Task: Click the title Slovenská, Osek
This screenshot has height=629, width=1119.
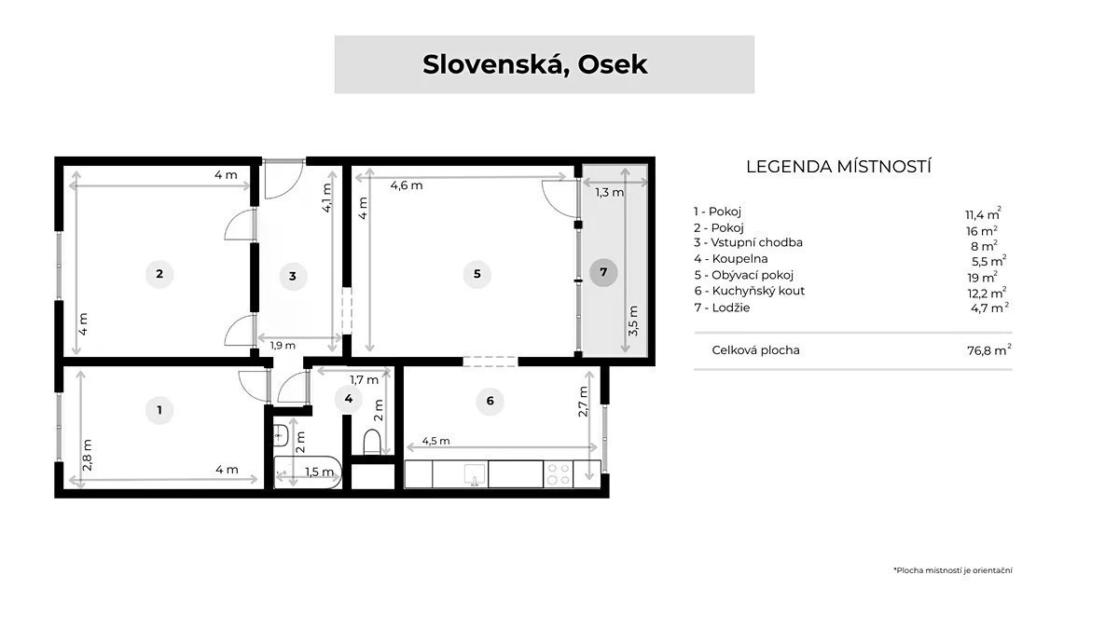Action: point(534,65)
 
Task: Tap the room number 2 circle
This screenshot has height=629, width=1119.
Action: point(159,274)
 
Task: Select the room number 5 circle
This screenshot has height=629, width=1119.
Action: point(477,274)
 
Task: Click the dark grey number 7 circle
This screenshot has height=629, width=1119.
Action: point(603,272)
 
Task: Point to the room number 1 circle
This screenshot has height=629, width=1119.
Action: point(159,410)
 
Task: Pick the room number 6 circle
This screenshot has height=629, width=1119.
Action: point(490,401)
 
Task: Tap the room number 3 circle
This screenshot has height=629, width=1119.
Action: point(293,276)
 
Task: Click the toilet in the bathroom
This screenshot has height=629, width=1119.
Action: point(372,442)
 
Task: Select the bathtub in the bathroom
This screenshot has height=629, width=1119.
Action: point(308,472)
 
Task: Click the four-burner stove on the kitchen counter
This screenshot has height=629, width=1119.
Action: point(559,473)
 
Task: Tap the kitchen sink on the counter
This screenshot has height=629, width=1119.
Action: point(474,474)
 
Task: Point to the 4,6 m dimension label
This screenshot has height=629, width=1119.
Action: point(407,185)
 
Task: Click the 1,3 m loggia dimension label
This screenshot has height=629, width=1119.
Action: point(610,192)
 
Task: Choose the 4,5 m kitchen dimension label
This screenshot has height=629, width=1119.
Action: point(435,442)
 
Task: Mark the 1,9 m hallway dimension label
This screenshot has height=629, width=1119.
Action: point(283,346)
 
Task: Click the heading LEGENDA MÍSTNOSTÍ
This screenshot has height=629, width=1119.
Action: point(838,167)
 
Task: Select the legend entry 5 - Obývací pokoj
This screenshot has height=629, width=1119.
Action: point(744,275)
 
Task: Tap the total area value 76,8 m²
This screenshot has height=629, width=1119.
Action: point(989,350)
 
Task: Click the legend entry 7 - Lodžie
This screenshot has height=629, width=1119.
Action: point(722,308)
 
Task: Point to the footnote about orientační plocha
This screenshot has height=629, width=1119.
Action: point(953,570)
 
